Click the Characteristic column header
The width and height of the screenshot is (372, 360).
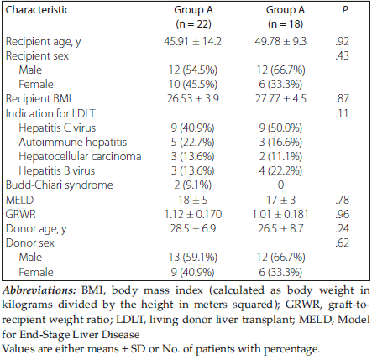(37, 10)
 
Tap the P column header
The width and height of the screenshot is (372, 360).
(344, 10)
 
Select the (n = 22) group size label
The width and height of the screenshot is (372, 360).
(193, 24)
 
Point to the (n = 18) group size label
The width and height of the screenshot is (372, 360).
(286, 24)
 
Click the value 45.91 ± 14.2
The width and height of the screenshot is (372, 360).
(192, 42)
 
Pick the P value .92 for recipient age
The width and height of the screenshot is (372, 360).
(342, 42)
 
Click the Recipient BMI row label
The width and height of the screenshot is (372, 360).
(39, 99)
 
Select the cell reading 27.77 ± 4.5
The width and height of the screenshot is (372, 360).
(280, 99)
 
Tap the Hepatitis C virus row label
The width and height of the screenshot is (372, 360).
(57, 128)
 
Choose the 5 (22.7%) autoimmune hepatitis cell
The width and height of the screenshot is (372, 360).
(192, 142)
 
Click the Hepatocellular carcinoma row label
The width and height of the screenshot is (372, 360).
(80, 156)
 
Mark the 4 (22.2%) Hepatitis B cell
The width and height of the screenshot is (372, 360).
(280, 170)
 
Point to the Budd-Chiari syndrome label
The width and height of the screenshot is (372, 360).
(60, 185)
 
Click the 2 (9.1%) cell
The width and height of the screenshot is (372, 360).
(192, 185)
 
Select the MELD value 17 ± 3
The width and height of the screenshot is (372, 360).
(280, 201)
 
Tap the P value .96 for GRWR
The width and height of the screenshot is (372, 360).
(342, 215)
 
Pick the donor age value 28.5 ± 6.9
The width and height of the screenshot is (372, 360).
(192, 229)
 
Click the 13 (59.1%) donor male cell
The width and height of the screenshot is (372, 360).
(192, 258)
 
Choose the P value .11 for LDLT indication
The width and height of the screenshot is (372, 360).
(342, 113)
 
